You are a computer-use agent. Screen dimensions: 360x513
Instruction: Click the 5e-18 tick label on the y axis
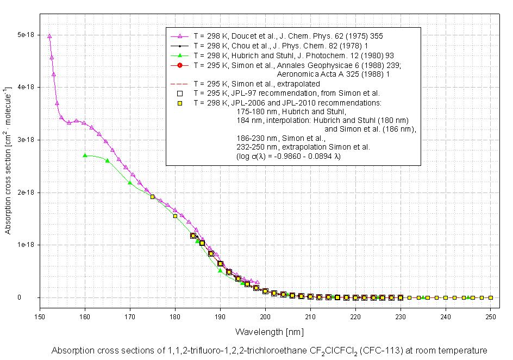(27, 34)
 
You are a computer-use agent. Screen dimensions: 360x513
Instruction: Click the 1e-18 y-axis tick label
(27, 245)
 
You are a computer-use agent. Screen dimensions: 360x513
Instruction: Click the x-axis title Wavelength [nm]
(269, 331)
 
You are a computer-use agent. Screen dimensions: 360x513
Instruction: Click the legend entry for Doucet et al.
(288, 36)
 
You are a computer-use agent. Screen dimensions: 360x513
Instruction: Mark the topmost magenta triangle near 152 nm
(49, 36)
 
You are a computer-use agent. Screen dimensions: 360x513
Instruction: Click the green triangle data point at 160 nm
(85, 156)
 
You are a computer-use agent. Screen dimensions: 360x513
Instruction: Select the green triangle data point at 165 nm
(107, 160)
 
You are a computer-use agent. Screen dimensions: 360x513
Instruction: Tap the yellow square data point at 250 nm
(490, 297)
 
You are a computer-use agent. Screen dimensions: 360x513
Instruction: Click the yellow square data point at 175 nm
(152, 197)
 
